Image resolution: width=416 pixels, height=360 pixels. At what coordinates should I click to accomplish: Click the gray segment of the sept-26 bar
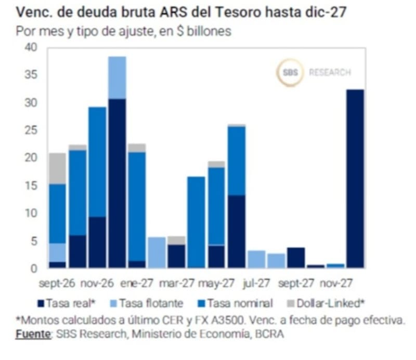coord(58,168)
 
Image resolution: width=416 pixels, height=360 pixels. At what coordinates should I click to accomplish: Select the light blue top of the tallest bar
coord(118,77)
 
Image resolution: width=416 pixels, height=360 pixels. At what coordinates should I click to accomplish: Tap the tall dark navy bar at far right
coord(355,178)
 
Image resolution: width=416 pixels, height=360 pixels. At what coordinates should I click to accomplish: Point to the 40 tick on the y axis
coord(31,47)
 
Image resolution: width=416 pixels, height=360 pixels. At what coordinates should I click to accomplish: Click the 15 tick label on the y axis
coord(31,185)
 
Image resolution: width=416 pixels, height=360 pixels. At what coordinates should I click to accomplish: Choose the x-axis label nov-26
coord(97,283)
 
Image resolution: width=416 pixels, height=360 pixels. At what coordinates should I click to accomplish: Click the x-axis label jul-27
coord(256,283)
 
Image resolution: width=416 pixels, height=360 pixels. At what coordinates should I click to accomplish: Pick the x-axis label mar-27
coord(176,283)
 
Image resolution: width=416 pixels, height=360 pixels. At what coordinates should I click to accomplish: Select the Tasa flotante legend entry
coord(147,303)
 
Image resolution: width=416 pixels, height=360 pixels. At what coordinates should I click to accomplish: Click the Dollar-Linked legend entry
coord(327,303)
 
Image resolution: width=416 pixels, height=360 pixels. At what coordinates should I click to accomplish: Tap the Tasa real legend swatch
coord(41,303)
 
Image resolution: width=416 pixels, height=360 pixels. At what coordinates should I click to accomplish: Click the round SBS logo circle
coord(290,72)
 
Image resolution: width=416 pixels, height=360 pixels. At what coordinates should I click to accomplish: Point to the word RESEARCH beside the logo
coord(330,72)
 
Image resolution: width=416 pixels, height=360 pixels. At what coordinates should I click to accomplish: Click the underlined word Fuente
coord(33,334)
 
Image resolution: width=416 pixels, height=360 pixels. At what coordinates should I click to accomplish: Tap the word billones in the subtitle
coord(209,31)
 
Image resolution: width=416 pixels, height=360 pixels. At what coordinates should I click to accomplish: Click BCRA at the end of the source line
coord(269,334)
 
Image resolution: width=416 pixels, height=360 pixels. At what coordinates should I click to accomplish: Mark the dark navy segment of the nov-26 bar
coord(97,242)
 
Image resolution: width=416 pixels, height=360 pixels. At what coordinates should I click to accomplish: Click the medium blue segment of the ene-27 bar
coord(137,207)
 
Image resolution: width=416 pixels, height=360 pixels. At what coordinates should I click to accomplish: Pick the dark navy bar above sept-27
coord(296,258)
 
